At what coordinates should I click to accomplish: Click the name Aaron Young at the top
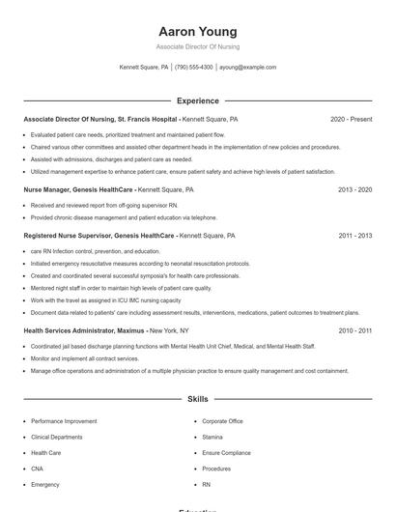(197, 31)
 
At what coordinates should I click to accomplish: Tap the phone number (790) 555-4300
(194, 68)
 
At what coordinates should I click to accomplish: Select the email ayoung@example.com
(248, 68)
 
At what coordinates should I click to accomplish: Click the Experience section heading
(197, 100)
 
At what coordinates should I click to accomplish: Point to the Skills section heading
(197, 398)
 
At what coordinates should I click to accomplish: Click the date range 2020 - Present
(351, 119)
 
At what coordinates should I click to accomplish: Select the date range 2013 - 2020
(354, 190)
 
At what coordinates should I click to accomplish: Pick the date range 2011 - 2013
(354, 235)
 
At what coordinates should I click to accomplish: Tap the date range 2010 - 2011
(354, 330)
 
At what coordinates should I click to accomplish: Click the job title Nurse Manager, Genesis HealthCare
(78, 190)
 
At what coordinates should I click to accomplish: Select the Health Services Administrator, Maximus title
(85, 330)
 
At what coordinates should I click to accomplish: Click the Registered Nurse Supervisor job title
(99, 235)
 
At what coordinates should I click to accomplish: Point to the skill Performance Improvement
(64, 421)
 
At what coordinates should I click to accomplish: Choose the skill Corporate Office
(222, 421)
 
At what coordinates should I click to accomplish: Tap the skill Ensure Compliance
(226, 452)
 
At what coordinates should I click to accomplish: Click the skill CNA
(38, 468)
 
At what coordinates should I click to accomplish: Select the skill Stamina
(212, 437)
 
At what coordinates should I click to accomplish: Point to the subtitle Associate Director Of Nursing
(197, 46)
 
